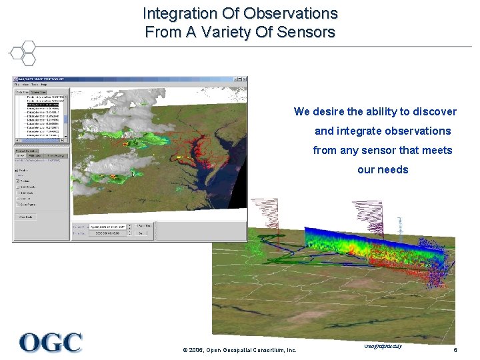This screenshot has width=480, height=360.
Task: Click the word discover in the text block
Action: (431, 111)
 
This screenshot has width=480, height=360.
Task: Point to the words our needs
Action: (383, 169)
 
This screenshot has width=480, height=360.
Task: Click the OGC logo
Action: (51, 343)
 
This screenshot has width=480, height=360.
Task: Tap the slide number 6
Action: (455, 350)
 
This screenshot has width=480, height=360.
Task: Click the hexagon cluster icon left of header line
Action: (23, 53)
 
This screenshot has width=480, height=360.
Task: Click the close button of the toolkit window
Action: (244, 80)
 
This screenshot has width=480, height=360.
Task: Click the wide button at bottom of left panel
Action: (27, 217)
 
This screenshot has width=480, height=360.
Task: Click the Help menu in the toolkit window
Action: (44, 85)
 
